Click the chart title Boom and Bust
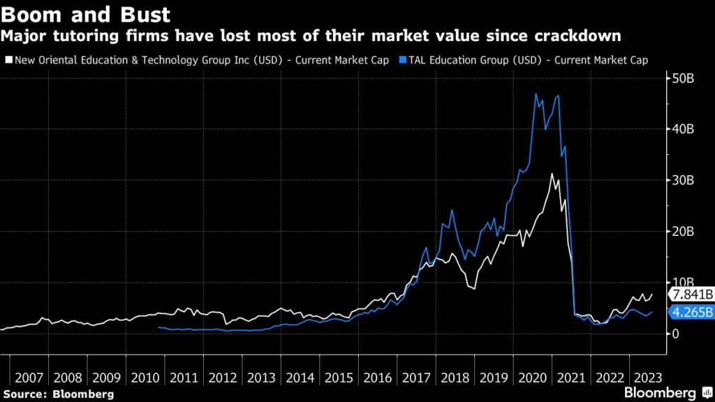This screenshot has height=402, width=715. point(84,13)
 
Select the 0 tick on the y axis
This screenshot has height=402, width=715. point(675,334)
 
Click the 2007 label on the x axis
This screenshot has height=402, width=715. point(29,378)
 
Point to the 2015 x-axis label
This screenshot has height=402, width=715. point(339,378)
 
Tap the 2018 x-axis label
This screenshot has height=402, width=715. point(455,378)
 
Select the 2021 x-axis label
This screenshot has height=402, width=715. point(571,378)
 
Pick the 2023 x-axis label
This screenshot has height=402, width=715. point(649,378)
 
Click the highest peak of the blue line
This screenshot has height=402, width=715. point(536,94)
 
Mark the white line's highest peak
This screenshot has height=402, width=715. point(552,174)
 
